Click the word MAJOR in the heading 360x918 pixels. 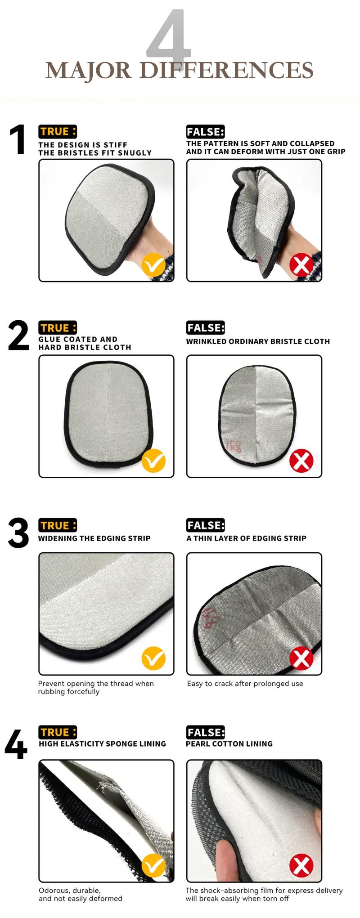click(89, 71)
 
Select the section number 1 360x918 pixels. click(18, 140)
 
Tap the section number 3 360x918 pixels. click(18, 533)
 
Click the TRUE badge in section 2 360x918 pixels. click(58, 328)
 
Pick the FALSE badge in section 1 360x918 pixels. click(206, 132)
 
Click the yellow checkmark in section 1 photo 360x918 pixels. click(153, 265)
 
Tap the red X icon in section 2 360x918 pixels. click(301, 461)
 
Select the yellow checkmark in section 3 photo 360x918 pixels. click(153, 658)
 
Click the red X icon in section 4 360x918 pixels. click(301, 865)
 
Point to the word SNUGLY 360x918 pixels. click(135, 153)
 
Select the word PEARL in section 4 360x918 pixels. click(197, 744)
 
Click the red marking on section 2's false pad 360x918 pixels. click(234, 447)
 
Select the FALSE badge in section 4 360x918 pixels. click(206, 732)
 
